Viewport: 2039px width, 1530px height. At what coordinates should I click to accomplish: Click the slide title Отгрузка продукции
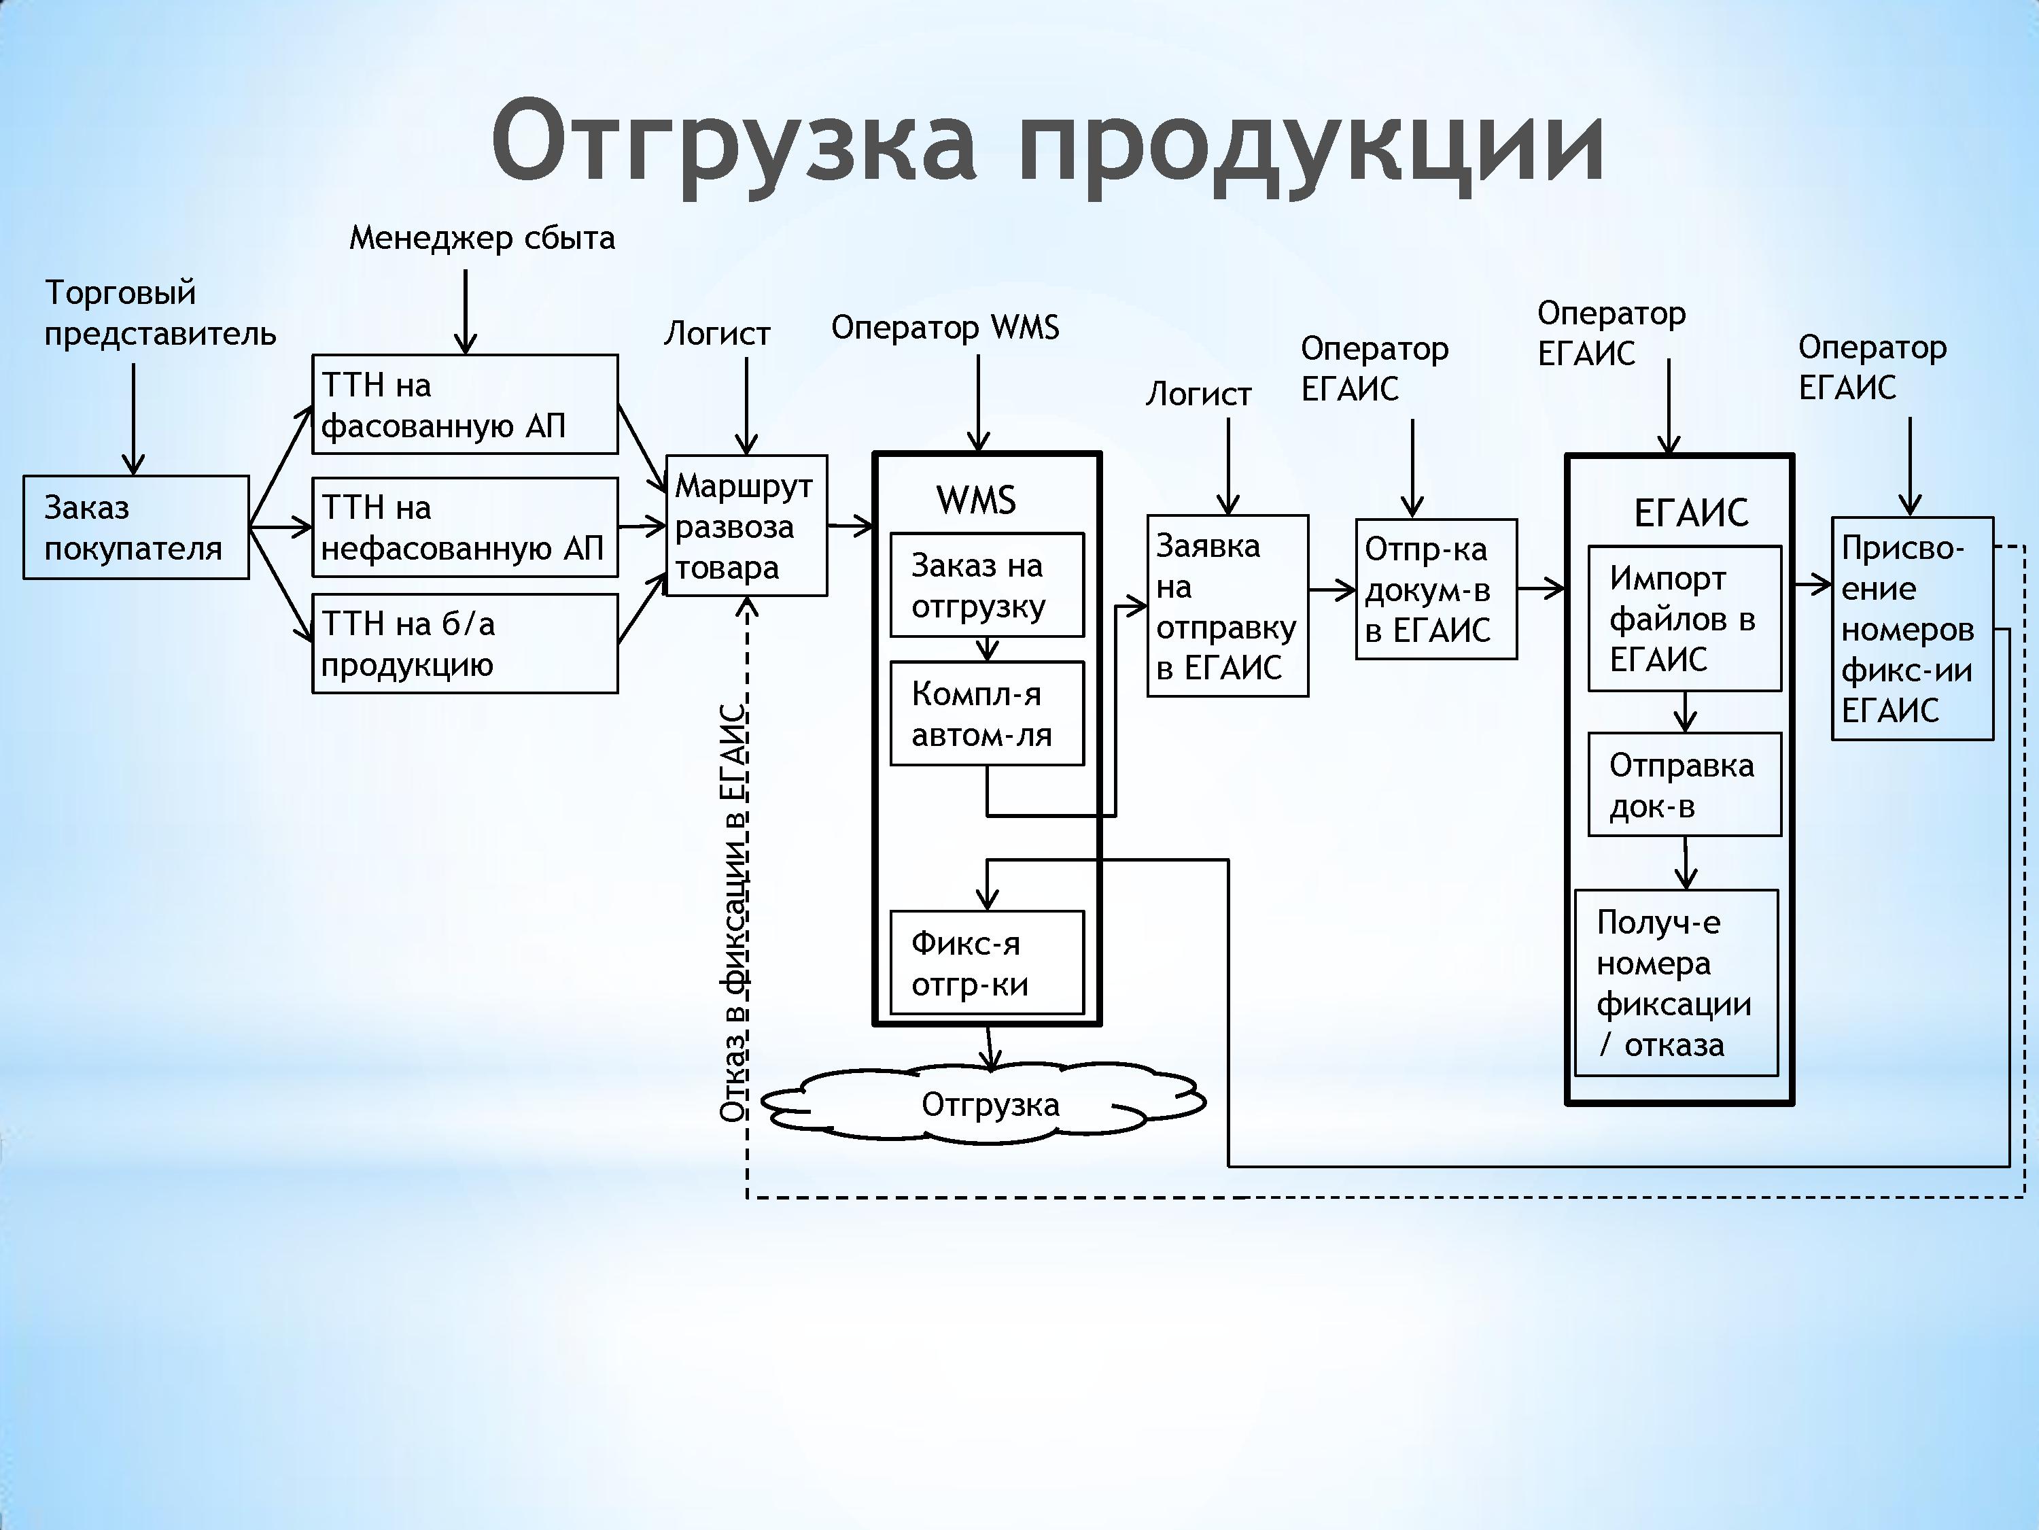click(x=1048, y=143)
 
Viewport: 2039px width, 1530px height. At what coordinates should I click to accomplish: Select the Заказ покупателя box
click(x=135, y=528)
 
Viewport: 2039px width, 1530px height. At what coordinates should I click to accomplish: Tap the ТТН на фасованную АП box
click(x=465, y=404)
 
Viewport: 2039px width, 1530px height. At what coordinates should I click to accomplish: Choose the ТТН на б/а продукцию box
click(x=465, y=644)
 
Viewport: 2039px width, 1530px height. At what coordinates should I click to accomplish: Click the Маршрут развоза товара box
click(x=746, y=526)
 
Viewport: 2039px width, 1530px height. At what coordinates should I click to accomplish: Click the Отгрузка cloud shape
click(x=984, y=1104)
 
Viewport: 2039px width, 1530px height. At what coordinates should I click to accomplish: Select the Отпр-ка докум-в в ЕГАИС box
click(x=1436, y=590)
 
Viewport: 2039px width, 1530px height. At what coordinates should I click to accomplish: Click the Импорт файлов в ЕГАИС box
click(x=1684, y=619)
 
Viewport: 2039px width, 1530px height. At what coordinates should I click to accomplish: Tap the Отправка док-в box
click(x=1684, y=785)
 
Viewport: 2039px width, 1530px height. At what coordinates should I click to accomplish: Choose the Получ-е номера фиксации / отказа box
click(x=1676, y=983)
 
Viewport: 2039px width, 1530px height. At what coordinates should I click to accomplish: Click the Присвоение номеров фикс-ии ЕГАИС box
click(x=1912, y=629)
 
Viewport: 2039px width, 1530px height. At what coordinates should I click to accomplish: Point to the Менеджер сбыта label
click(x=482, y=239)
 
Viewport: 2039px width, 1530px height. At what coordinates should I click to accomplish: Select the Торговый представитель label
click(x=160, y=313)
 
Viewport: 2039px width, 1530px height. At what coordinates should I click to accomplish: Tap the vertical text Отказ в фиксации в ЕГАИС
click(x=733, y=913)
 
